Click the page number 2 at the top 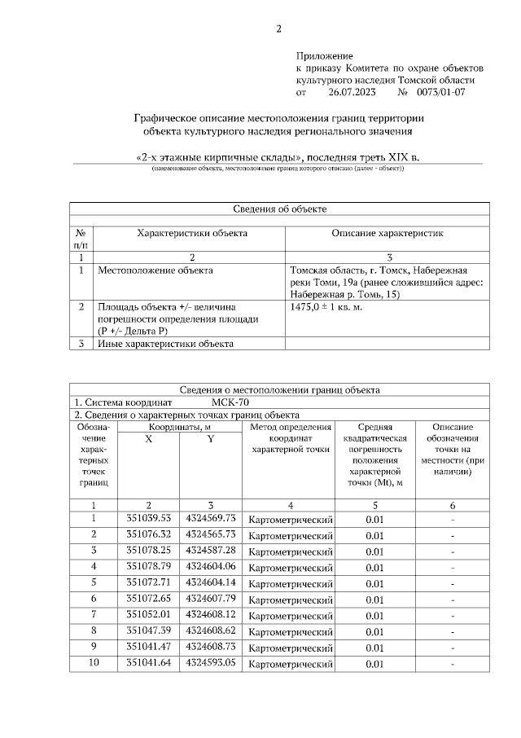click(x=278, y=30)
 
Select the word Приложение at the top click(x=324, y=55)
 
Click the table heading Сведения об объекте click(x=279, y=209)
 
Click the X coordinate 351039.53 click(x=149, y=518)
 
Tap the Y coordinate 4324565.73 click(x=210, y=534)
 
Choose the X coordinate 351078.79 click(x=149, y=566)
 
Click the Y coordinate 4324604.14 click(x=210, y=582)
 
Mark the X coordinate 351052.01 click(x=149, y=614)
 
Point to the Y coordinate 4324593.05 click(x=210, y=663)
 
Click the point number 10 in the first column click(x=94, y=663)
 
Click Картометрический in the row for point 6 click(x=291, y=600)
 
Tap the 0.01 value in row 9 click(x=374, y=648)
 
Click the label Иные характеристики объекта click(x=165, y=344)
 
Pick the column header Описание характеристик click(x=386, y=234)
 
